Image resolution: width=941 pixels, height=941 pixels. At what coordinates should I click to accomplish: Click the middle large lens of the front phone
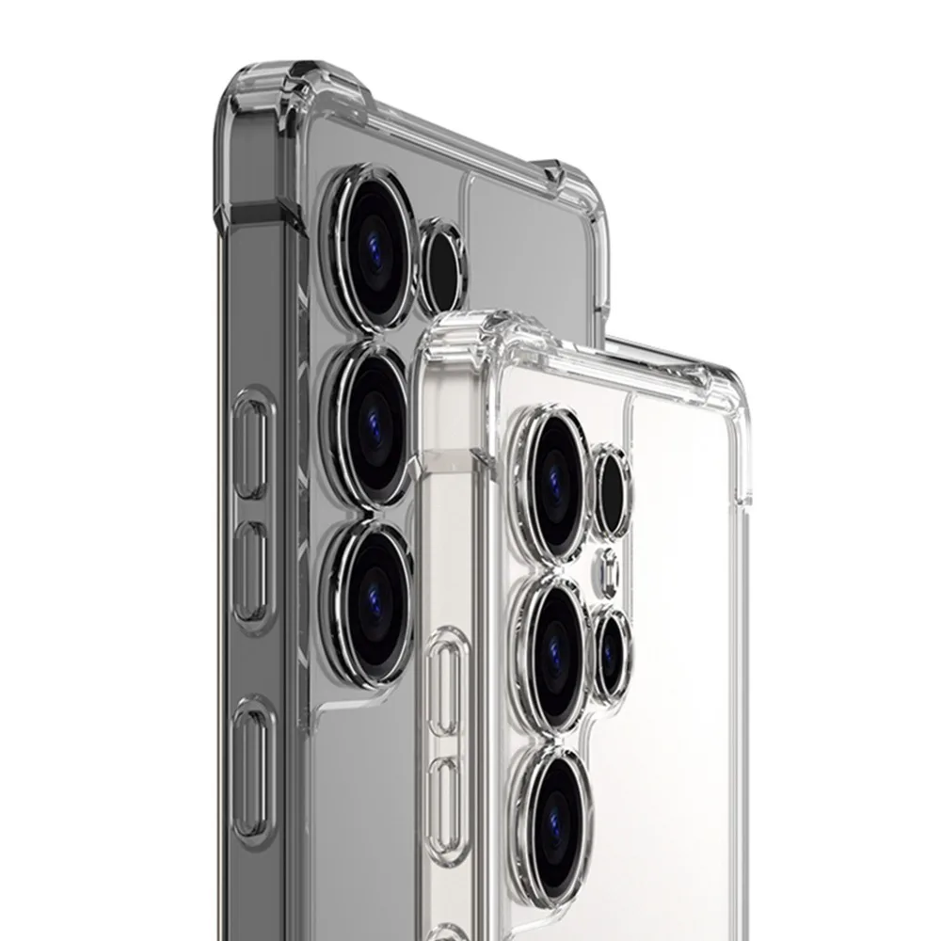tap(557, 641)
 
